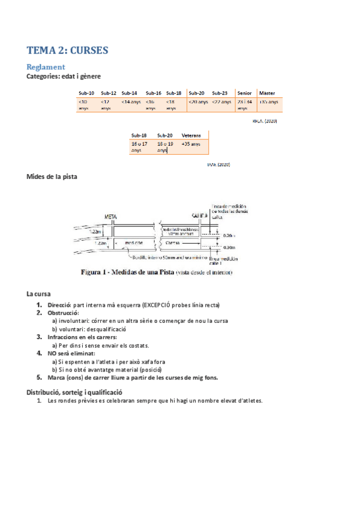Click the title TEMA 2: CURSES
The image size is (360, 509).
(67, 51)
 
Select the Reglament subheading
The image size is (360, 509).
(46, 67)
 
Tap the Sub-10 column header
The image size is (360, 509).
(86, 93)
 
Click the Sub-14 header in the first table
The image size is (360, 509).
(129, 93)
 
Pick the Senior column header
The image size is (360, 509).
(244, 93)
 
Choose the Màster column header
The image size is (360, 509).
(267, 93)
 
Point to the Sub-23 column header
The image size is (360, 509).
(220, 93)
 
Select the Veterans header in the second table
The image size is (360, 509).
(191, 136)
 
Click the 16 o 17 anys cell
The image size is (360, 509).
(139, 147)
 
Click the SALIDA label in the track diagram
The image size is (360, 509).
(199, 215)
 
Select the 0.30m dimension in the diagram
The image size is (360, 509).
(229, 247)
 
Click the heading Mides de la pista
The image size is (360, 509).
(52, 176)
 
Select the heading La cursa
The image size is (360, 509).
(38, 294)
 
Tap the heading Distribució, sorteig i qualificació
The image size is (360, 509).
(74, 391)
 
